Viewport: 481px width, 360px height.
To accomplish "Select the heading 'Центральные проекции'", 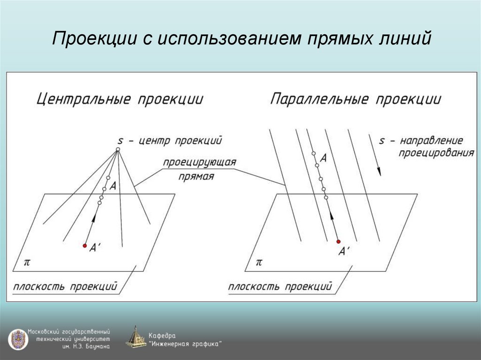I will pos(120,100).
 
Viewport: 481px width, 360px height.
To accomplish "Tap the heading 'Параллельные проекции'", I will pos(356,100).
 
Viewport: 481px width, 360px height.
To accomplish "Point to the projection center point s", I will pos(118,150).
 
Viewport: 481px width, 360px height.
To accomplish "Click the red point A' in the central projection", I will pos(85,245).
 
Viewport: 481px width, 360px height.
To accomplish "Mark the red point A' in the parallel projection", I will pos(338,241).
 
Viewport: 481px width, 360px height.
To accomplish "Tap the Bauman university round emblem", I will pos(18,339).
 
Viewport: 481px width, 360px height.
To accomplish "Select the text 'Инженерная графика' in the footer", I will pos(185,344).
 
